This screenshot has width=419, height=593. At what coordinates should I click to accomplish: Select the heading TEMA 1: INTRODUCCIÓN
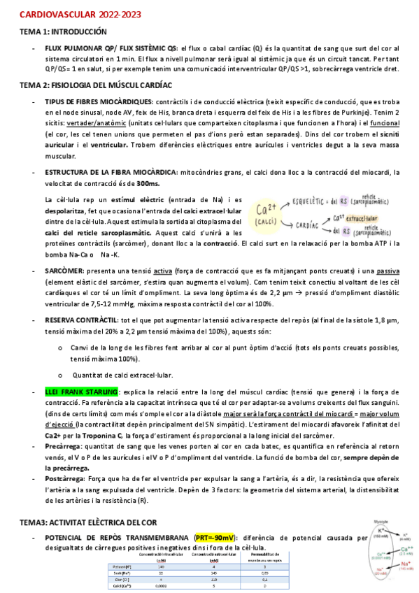(63, 31)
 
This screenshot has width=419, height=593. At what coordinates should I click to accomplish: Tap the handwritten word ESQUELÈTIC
(314, 201)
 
